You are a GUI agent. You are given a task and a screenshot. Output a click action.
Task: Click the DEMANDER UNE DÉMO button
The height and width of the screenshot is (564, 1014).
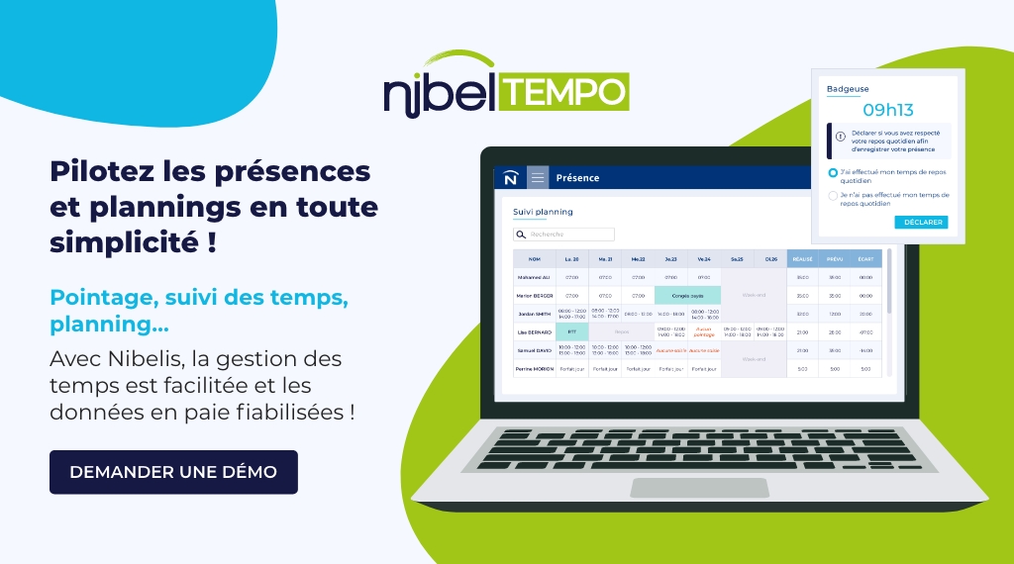173,472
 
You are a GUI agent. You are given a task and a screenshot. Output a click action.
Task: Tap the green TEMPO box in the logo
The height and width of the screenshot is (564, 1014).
565,92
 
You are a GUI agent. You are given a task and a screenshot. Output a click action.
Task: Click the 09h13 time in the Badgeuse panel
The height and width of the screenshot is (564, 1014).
887,109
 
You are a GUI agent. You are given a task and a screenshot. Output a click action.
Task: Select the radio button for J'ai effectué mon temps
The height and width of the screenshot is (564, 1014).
833,172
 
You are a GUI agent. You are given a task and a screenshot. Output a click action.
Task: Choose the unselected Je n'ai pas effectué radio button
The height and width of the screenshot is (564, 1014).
833,196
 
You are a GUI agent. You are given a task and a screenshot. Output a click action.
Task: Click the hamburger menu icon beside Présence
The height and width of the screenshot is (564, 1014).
538,178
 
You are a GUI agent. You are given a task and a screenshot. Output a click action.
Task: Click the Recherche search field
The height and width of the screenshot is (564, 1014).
564,235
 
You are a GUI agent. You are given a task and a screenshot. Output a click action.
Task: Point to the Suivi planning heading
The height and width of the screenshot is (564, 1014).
543,212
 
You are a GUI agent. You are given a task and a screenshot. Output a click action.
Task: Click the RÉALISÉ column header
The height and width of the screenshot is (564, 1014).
802,259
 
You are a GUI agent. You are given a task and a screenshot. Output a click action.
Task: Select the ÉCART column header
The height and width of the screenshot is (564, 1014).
865,259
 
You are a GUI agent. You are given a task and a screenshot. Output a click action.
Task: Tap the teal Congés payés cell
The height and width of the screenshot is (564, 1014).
687,295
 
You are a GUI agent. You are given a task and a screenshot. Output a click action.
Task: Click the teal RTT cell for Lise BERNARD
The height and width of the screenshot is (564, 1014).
571,331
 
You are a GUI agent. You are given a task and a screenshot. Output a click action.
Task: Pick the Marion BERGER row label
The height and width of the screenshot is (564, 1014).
534,295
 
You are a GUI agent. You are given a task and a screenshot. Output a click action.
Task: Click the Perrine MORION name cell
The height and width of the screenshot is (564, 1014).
534,369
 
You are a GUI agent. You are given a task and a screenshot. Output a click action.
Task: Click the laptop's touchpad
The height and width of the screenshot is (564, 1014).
699,488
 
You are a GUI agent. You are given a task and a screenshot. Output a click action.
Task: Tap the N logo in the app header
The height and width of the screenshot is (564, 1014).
510,178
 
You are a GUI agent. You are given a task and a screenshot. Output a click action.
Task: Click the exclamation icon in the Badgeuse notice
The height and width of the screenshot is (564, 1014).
840,137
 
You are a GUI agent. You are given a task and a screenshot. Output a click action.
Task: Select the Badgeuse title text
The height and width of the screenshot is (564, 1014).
847,89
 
